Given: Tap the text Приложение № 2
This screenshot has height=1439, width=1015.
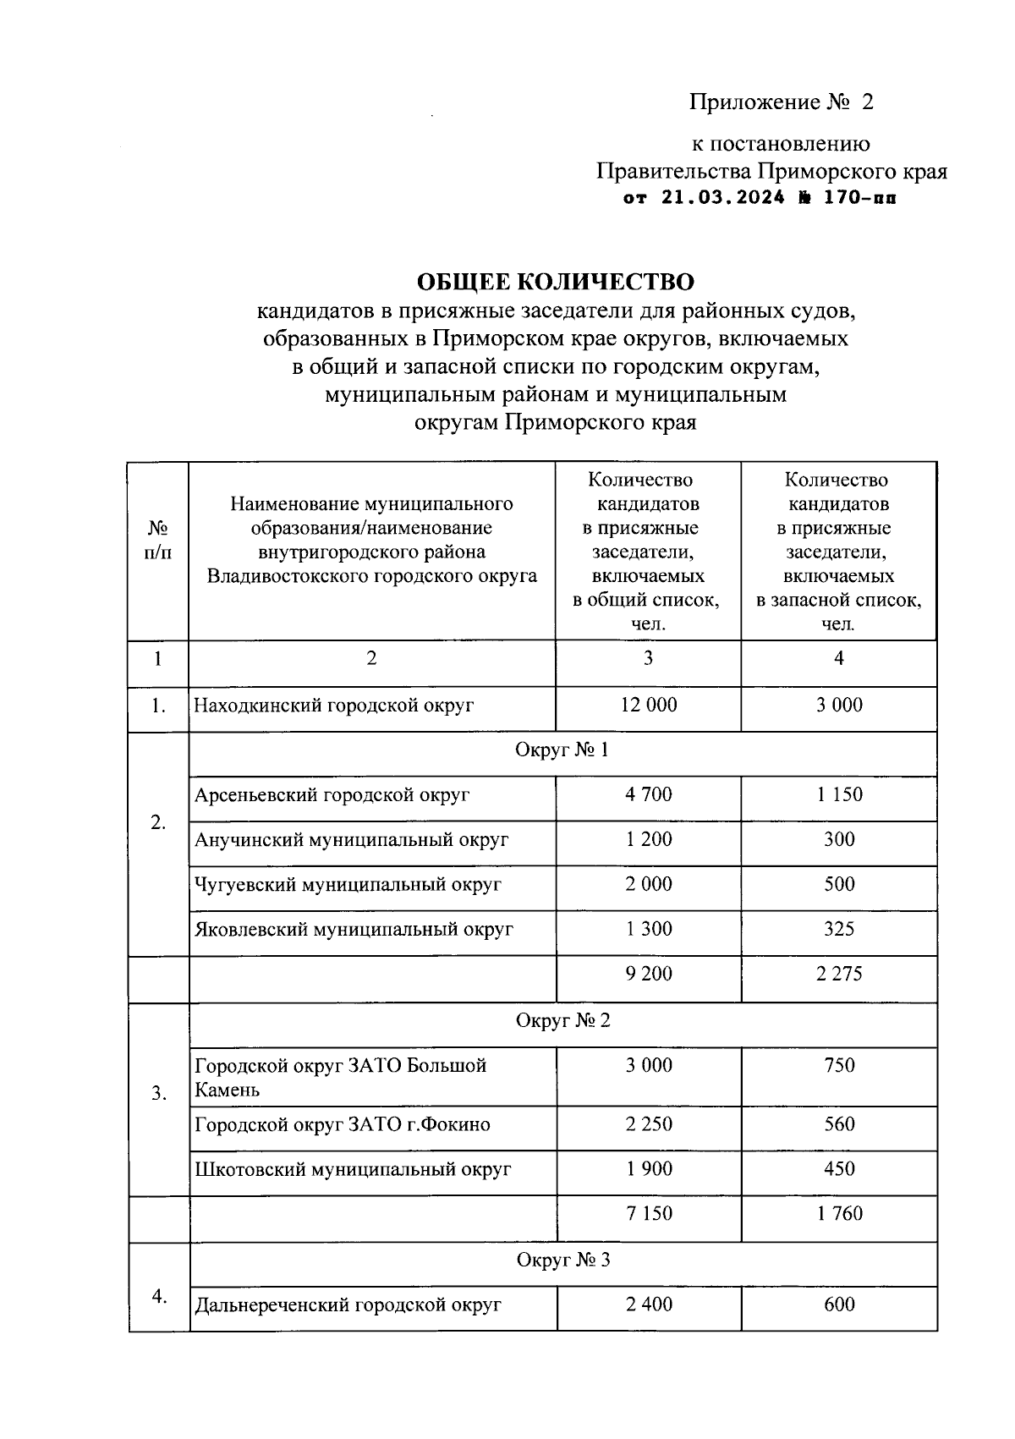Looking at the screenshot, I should [781, 102].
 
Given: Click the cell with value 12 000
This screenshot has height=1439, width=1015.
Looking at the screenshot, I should [649, 705].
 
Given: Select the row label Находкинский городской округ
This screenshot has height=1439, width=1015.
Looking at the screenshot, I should [334, 705].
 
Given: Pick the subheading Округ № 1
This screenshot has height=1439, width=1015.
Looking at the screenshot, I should [562, 750].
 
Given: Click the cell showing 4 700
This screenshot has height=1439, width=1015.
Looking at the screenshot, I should [649, 794].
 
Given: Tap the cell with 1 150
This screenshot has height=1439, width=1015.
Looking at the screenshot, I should [839, 794].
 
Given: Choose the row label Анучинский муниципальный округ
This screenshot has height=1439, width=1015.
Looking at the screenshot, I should [351, 839].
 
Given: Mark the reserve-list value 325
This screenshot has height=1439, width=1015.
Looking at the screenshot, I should [839, 929].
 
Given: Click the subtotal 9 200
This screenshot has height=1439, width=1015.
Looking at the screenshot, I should [649, 974].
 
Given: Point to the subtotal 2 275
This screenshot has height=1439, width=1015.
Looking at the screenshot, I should [839, 974].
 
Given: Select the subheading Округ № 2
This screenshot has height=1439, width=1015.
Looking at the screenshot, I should [562, 1020].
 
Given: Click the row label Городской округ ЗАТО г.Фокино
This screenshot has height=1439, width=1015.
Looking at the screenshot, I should [343, 1124].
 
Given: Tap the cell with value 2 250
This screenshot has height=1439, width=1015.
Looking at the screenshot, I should [649, 1124].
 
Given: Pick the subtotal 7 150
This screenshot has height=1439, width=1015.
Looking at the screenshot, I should [649, 1213].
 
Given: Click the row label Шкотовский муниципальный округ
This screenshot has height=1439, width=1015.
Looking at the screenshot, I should [353, 1169].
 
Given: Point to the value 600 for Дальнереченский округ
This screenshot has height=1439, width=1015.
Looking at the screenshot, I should [839, 1304].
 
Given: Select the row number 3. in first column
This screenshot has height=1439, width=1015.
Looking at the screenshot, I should [158, 1094].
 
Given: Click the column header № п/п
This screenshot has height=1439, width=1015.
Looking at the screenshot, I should [158, 540].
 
